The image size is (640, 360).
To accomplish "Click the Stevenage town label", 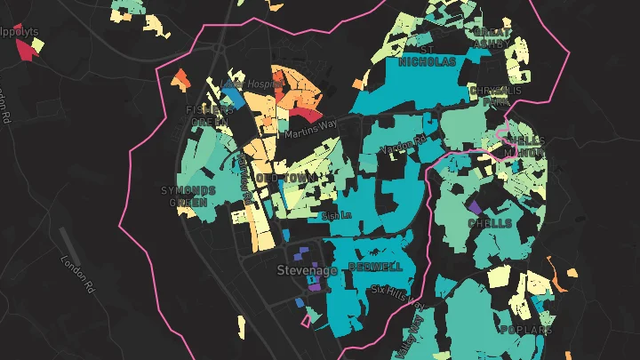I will coord(307,269).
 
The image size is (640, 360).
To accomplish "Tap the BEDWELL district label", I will coord(375,267).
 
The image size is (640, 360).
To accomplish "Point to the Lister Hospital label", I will coord(251,84).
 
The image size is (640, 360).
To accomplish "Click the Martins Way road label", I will coord(307,134).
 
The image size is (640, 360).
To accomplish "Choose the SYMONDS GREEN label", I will coord(188,196).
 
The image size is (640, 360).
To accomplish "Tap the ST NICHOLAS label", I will coord(427,56).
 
